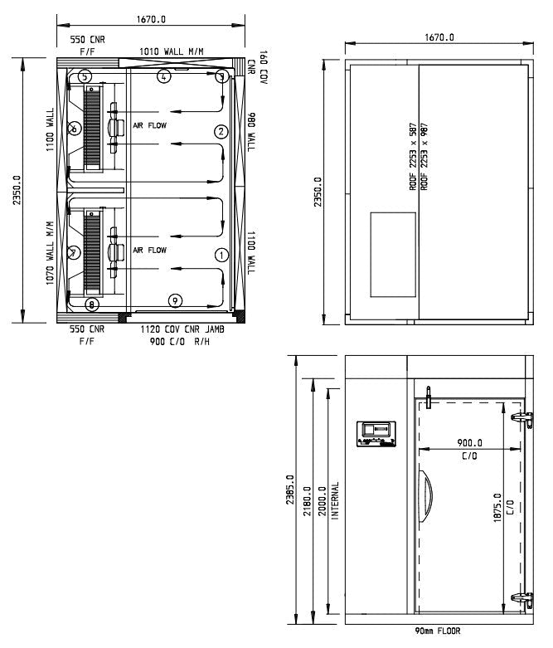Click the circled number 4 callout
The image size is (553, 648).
(164, 76)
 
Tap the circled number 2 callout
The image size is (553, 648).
(221, 131)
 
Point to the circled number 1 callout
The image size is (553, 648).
(221, 255)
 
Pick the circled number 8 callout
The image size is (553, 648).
(91, 305)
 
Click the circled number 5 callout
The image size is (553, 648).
(85, 76)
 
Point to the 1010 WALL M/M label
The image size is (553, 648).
(172, 52)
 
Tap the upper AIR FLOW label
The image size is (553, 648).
(150, 125)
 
